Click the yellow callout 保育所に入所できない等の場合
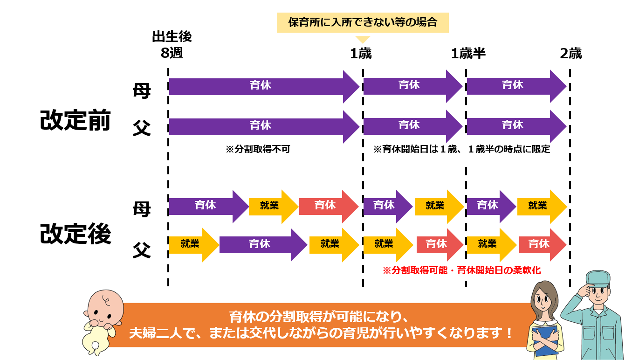363,22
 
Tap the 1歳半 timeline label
468,53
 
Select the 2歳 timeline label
570,53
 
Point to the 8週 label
172,53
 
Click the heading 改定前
76,120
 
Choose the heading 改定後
76,234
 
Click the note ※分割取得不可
258,149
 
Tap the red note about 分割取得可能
462,270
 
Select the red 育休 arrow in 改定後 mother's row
329,207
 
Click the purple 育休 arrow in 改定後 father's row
263,245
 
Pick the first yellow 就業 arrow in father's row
194,245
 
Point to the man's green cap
598,278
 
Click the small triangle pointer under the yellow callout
363,39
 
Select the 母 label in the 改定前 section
142,91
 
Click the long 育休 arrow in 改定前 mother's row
264,87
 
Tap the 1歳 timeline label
361,53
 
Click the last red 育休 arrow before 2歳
543,245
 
